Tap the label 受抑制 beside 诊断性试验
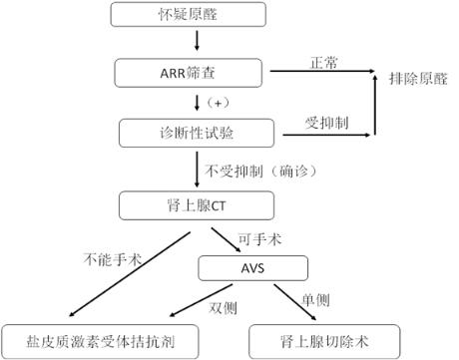[325, 121]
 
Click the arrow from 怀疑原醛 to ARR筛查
[197, 42]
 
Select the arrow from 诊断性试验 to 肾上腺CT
[197, 169]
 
